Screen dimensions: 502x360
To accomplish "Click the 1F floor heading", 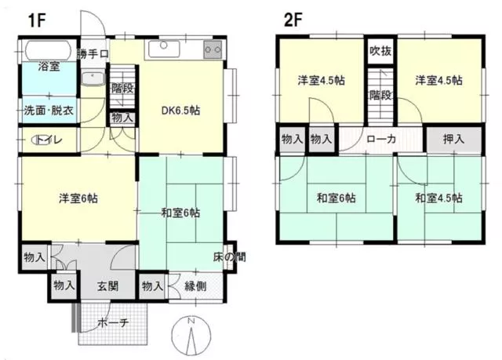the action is point(37,20).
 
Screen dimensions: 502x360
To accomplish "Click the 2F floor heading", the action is point(293,20).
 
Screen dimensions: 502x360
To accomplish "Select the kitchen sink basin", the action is point(164,49).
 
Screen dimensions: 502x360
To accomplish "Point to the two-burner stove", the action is point(213,49).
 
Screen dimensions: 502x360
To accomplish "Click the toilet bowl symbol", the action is point(40,140).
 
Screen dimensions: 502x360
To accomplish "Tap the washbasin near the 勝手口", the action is point(93,78).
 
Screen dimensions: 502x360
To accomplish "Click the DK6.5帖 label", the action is point(181,111).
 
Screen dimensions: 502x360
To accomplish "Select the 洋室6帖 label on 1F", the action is point(78,198).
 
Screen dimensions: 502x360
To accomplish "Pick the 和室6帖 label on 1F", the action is point(180,213).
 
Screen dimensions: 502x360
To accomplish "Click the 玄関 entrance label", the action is point(108,286).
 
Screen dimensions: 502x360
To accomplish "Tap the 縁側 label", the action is point(195,286).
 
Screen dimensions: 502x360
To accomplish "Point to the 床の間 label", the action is point(230,256).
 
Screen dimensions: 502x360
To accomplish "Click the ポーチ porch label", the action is point(113,323).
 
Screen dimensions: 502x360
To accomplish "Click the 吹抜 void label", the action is point(380,51).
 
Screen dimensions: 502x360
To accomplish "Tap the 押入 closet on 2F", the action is point(454,139).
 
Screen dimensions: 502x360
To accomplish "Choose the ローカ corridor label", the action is point(381,139).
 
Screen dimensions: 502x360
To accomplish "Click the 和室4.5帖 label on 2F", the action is point(438,198).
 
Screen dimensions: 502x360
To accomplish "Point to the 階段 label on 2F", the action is point(381,95).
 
